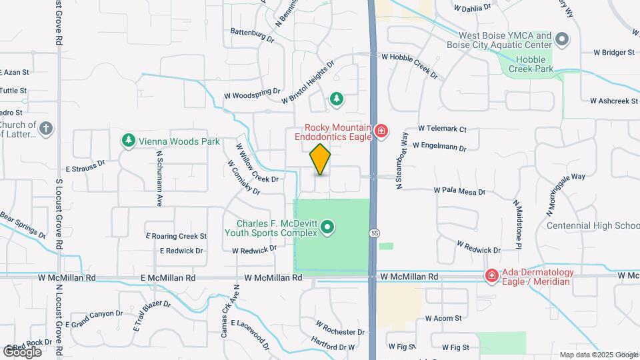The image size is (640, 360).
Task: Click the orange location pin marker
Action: [321, 159]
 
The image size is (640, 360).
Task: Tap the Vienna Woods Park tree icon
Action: [128, 141]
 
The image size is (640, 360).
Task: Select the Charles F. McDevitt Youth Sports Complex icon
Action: [327, 228]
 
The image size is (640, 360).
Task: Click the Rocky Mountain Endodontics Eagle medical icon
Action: [381, 131]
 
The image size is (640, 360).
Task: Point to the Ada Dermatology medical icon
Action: [492, 275]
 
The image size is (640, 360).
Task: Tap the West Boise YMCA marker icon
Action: [561, 40]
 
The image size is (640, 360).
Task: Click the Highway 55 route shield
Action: [375, 233]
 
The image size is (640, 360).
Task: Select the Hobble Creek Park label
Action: [531, 64]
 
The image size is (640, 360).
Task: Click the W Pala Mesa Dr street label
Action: [459, 191]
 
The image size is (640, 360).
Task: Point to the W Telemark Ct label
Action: [442, 129]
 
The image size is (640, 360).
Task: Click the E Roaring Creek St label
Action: [177, 236]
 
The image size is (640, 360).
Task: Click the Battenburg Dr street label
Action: [252, 35]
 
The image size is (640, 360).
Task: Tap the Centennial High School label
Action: [593, 225]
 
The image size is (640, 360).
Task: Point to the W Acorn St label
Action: [443, 319]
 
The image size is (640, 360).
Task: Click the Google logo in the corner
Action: [22, 351]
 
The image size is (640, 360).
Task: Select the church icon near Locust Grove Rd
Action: [45, 129]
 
